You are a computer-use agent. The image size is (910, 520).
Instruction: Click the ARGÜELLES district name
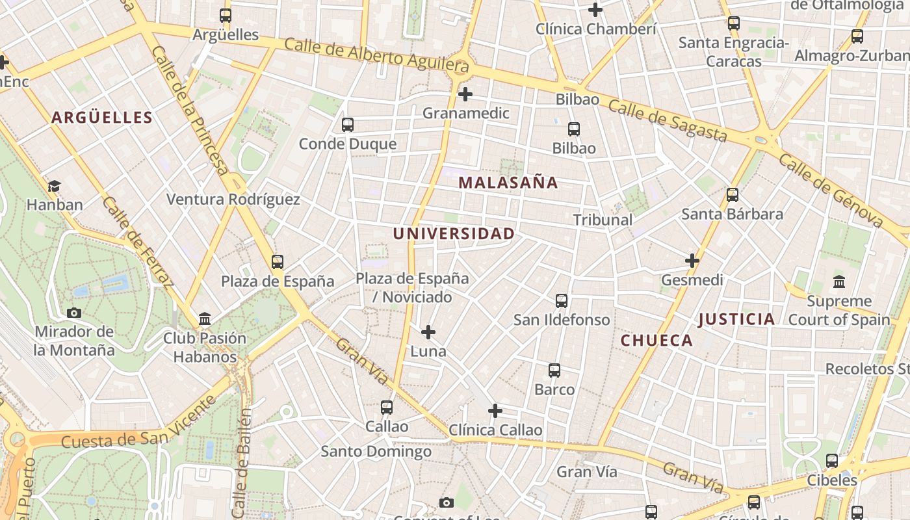101,118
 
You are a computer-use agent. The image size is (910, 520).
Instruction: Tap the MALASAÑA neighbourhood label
508,183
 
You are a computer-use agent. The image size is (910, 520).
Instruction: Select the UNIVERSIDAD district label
454,234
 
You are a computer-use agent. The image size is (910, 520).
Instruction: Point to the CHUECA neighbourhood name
656,341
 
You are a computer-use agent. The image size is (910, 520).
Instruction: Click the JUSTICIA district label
736,319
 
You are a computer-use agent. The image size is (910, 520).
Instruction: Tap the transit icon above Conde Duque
348,125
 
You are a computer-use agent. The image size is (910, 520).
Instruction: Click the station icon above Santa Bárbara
733,195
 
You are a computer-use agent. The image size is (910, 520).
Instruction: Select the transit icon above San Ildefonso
562,301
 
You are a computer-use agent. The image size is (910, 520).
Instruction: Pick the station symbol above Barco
554,370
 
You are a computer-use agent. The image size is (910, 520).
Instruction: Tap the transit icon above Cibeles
832,461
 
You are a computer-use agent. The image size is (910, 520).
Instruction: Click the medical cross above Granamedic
465,94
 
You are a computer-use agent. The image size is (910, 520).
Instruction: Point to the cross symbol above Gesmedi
692,261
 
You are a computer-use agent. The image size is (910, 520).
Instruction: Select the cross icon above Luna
428,333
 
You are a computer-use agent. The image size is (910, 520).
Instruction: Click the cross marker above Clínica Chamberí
595,10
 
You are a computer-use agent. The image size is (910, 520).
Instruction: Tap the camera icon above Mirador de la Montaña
74,313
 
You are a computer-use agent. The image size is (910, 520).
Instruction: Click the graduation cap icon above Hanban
54,187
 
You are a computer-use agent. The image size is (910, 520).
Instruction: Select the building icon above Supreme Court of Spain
839,282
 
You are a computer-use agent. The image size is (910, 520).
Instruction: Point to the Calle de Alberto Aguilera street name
376,55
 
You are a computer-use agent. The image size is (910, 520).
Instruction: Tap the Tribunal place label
603,220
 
